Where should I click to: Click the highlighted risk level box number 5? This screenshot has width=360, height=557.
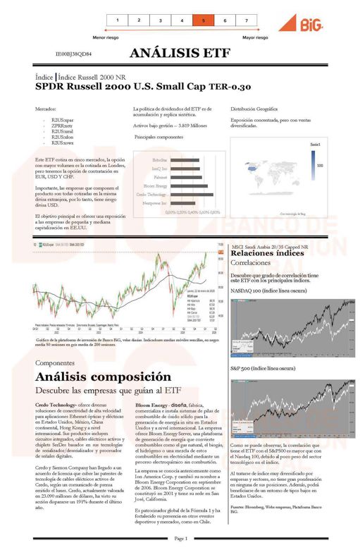click(x=203, y=20)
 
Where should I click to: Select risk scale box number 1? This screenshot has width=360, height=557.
click(x=118, y=20)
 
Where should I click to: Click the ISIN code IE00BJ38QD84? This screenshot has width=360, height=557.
click(x=74, y=54)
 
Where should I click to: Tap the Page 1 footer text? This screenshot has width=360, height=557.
click(x=181, y=538)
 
